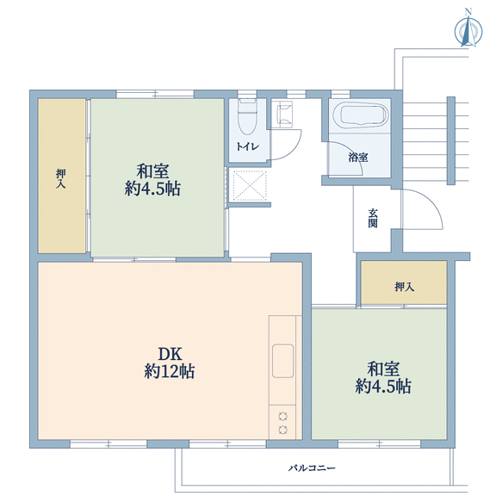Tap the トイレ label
tap(248, 146)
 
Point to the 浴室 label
tap(358, 158)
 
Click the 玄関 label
tap(373, 218)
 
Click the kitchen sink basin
tap(282, 361)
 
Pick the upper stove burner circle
tap(283, 416)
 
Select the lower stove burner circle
tap(283, 430)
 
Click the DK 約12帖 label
tap(170, 363)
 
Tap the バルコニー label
tap(312, 468)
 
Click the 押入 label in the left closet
tap(61, 179)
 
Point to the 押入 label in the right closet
tap(404, 287)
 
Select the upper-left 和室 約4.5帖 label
tap(152, 180)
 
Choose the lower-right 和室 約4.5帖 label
tap(383, 378)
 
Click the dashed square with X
tap(250, 185)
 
